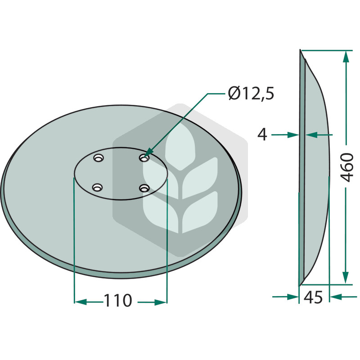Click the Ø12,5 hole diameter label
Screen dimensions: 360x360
(251, 93)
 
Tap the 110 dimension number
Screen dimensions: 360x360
(118, 300)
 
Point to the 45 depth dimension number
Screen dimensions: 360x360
(313, 297)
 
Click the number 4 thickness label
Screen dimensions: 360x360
(262, 135)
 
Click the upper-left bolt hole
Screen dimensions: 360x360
(99, 158)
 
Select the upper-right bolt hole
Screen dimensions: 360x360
(144, 158)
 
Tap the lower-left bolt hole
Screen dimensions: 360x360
(97, 187)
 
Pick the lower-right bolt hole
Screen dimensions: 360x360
(144, 188)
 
